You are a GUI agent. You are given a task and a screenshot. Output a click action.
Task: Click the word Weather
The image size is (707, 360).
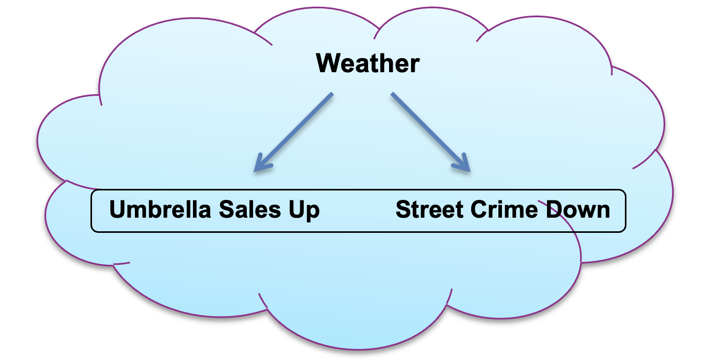[x=368, y=64]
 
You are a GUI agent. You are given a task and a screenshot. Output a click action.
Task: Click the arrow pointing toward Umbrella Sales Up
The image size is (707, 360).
[x=293, y=132]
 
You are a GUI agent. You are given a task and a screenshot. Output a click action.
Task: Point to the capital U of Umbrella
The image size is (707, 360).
[x=118, y=210]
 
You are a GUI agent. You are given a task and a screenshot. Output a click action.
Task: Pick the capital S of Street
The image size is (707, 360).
[x=403, y=210]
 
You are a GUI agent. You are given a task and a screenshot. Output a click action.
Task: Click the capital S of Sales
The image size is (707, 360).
[x=226, y=210]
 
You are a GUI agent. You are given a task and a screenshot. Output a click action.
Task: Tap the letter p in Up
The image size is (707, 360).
[x=312, y=212]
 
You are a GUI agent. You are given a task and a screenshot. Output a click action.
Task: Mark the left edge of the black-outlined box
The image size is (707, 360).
[x=92, y=210]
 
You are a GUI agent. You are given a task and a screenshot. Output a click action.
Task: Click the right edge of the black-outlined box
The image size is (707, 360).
[x=625, y=210]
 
